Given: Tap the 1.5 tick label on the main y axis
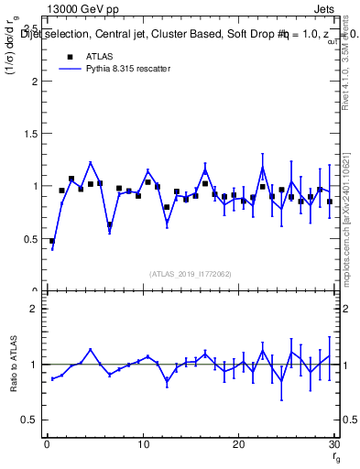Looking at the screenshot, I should point(29,134).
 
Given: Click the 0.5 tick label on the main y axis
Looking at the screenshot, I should point(29,239).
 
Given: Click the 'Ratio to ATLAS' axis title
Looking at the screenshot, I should point(13,364).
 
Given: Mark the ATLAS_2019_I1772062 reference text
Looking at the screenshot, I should point(191,273).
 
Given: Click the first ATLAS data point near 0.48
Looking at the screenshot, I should point(52,241).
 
